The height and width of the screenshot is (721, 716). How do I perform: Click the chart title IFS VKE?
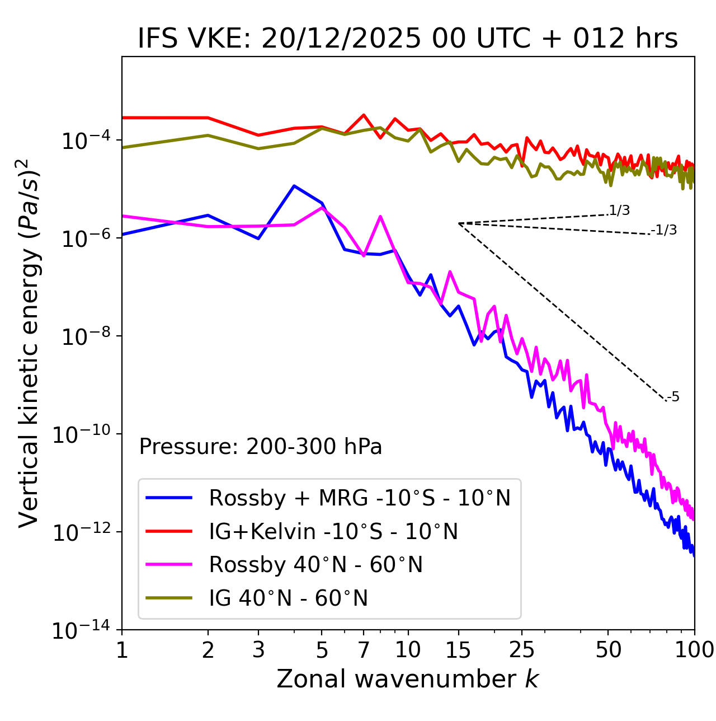point(408,39)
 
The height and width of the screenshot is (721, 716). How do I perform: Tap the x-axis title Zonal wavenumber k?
point(408,678)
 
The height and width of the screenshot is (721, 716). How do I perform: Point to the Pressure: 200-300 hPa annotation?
point(261,447)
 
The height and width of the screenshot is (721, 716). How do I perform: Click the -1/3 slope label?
point(664,230)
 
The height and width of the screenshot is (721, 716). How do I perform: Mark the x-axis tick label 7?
point(364,649)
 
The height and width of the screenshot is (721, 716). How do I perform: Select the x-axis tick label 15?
point(459,649)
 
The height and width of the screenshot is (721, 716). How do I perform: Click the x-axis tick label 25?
point(522,649)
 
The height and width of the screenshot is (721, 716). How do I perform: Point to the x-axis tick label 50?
point(609,649)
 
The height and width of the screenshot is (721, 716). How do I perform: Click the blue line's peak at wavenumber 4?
point(294,186)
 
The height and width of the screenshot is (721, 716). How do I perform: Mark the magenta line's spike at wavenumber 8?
point(380,216)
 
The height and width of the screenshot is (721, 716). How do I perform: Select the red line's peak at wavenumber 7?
point(364,115)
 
